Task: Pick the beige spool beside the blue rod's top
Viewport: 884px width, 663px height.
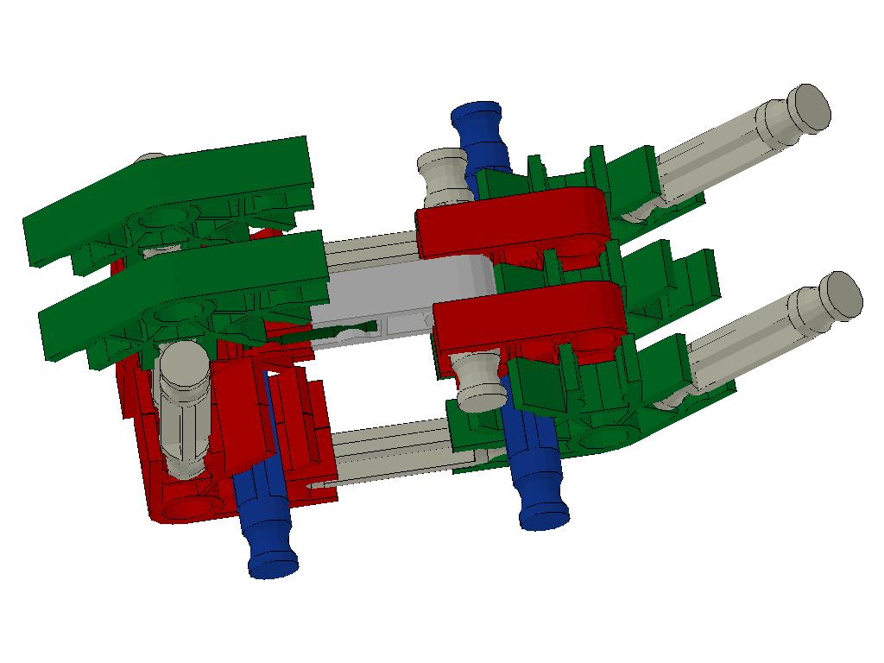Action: [443, 173]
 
